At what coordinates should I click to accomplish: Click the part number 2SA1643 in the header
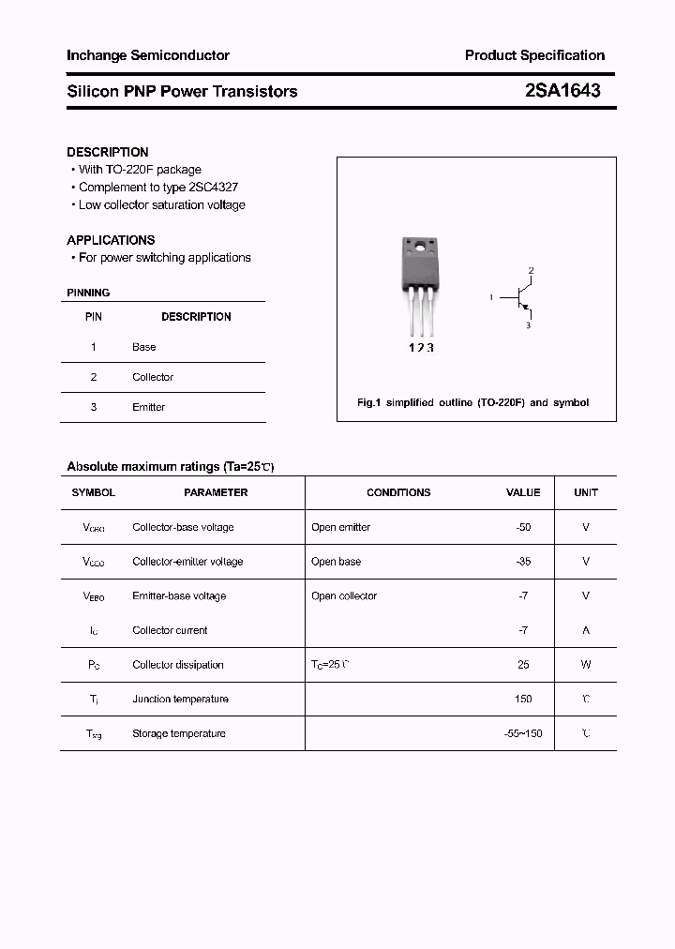click(x=562, y=91)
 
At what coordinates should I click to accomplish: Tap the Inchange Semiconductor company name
click(x=148, y=55)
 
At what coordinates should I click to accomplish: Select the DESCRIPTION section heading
click(x=108, y=152)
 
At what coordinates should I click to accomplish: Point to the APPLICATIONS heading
click(x=111, y=240)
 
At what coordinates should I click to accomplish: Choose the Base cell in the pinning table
click(x=144, y=347)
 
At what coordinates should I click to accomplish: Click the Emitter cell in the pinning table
click(x=148, y=407)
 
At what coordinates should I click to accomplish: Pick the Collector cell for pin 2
click(x=153, y=377)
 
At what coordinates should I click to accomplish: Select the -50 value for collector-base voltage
click(x=523, y=527)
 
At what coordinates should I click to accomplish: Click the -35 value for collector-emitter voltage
click(x=523, y=562)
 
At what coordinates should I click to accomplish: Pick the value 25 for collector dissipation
click(x=523, y=665)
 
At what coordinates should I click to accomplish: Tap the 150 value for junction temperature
click(x=523, y=699)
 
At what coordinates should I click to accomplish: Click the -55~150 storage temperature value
click(x=523, y=733)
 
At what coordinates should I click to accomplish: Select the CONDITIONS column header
click(x=398, y=492)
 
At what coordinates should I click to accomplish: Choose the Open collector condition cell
click(x=344, y=596)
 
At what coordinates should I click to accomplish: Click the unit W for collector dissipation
click(x=586, y=665)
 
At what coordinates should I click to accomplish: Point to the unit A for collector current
click(x=586, y=630)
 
